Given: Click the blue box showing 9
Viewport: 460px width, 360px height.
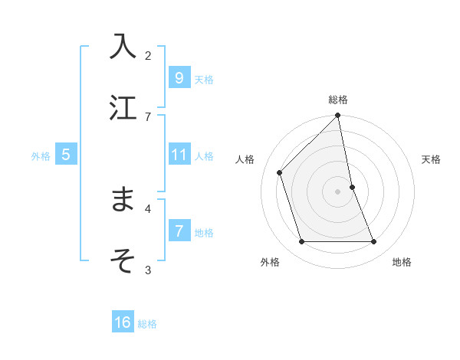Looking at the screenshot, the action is pyautogui.click(x=179, y=77).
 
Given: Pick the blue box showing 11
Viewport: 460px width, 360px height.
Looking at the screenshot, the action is pyautogui.click(x=179, y=155).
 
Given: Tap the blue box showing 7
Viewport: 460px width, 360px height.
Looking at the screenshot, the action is pyautogui.click(x=179, y=231).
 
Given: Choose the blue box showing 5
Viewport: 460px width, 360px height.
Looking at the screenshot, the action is pyautogui.click(x=66, y=155).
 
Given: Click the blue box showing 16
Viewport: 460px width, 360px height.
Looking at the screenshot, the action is pyautogui.click(x=123, y=322).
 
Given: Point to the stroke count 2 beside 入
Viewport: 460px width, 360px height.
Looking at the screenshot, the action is pyautogui.click(x=148, y=55).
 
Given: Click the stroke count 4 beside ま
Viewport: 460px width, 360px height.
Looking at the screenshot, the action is pyautogui.click(x=148, y=208).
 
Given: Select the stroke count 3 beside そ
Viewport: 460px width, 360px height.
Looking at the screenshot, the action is pyautogui.click(x=148, y=270).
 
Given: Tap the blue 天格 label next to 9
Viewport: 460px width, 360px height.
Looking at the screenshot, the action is pyautogui.click(x=203, y=80).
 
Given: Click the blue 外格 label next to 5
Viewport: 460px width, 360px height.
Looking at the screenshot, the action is pyautogui.click(x=41, y=156).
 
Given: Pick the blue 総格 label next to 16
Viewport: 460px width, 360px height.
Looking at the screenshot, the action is pyautogui.click(x=147, y=324).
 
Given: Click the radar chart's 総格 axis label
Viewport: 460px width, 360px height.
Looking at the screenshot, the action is pyautogui.click(x=338, y=100).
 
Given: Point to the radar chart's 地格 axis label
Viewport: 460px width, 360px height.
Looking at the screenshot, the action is pyautogui.click(x=402, y=262).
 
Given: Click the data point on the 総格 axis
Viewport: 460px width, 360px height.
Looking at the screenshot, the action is pyautogui.click(x=338, y=116).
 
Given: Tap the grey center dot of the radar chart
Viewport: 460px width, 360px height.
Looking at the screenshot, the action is pyautogui.click(x=338, y=191).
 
